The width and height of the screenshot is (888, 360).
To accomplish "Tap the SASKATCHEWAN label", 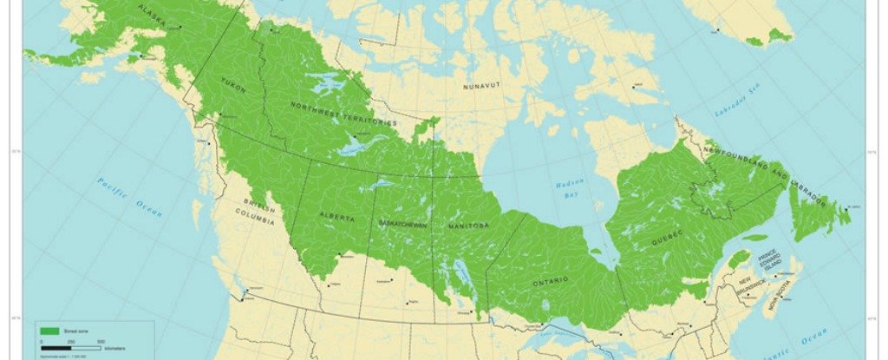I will pos(403,225).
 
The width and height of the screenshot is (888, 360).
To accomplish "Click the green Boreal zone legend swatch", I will pos(49,331).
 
